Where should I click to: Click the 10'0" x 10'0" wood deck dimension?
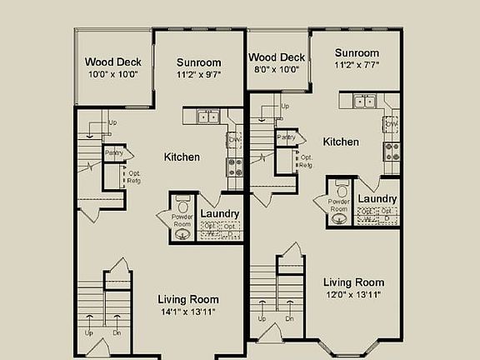tap(112, 74)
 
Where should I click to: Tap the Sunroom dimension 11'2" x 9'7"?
tap(199, 74)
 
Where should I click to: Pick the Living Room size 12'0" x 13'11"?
tap(354, 295)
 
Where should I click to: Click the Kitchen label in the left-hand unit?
tap(182, 157)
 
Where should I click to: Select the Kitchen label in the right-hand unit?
tap(341, 142)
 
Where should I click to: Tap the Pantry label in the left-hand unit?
tap(113, 153)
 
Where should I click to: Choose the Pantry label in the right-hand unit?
tap(285, 137)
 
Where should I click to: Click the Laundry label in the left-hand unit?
tap(220, 214)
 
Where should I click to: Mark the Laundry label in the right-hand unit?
tap(377, 199)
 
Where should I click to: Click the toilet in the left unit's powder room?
tap(182, 203)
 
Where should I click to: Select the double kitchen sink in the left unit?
tap(207, 117)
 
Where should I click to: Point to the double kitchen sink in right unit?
tap(364, 102)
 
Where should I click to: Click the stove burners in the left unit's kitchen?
tap(236, 167)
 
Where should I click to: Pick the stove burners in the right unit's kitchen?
tap(391, 151)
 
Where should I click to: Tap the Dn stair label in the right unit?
tap(289, 318)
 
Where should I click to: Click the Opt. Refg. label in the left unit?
tap(133, 177)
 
